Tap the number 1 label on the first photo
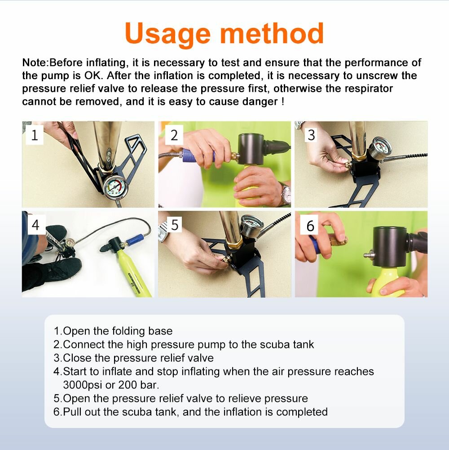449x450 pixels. pos(35,135)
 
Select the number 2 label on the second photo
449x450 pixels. pos(174,135)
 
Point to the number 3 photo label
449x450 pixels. pos(311,135)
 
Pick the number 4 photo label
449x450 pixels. pos(35,225)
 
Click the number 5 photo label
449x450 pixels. pos(175,225)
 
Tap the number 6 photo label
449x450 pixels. pos(310,226)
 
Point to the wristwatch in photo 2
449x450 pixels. pos(286,194)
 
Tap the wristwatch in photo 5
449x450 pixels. pos(163,232)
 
